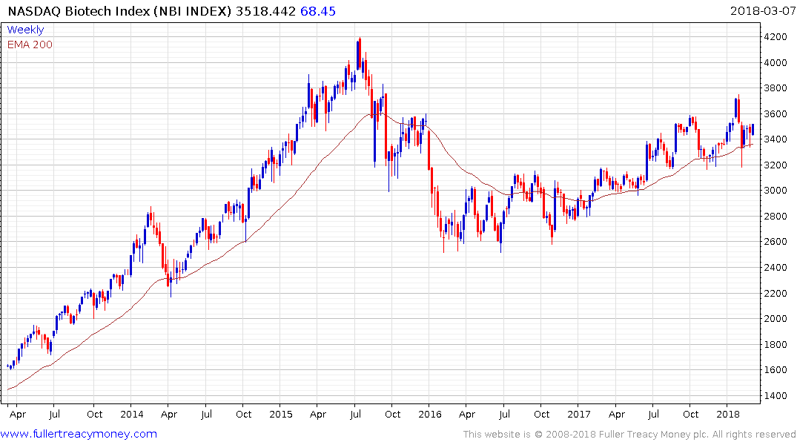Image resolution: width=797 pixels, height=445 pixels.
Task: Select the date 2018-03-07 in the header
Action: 761,11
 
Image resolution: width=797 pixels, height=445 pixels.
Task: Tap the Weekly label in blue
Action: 25,30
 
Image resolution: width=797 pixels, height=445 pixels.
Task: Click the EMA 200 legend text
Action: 30,44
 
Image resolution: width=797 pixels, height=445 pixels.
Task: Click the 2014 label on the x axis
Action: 131,414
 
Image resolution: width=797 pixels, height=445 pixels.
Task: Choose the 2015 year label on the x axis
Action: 281,414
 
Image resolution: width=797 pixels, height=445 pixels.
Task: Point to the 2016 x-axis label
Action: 430,414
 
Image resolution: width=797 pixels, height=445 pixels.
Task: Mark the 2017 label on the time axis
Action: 579,414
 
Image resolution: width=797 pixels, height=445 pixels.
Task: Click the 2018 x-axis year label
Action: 729,414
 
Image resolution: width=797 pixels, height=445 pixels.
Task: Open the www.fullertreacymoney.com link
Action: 79,434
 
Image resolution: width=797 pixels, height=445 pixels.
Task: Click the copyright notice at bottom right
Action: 629,435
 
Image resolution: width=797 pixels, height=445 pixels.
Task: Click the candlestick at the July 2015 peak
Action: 360,53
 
